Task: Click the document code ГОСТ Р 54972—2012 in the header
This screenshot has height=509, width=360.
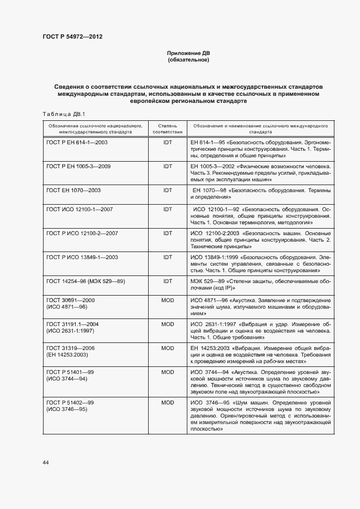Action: click(72, 37)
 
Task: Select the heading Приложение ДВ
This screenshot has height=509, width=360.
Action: click(188, 53)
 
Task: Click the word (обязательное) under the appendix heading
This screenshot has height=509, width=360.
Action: click(188, 60)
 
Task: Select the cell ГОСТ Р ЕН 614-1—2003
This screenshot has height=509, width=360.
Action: click(77, 142)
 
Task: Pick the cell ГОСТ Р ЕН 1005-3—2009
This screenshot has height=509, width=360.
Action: click(78, 166)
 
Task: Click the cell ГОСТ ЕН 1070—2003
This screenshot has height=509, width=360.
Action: click(74, 191)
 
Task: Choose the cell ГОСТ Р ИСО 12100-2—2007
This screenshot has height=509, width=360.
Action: click(82, 233)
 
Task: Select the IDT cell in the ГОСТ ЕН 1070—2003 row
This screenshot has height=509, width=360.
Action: click(168, 191)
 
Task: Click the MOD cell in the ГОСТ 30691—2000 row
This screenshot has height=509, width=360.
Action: click(168, 300)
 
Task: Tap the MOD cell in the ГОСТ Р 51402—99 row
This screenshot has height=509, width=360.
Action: click(168, 402)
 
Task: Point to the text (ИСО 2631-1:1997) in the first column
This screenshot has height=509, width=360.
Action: click(71, 330)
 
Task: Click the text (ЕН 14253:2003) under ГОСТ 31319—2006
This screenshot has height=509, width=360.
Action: click(68, 354)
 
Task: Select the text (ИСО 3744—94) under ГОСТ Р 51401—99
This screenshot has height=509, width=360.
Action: click(66, 378)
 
